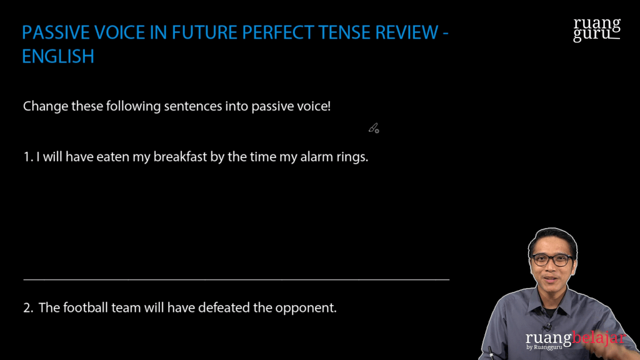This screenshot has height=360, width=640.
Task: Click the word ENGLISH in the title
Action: [58, 57]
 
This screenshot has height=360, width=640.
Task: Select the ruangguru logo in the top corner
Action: [597, 30]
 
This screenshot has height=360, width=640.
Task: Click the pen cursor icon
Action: [374, 128]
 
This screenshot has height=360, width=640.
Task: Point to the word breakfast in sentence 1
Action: [180, 157]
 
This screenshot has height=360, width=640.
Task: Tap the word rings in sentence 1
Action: [354, 157]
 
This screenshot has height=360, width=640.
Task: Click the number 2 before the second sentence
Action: [27, 308]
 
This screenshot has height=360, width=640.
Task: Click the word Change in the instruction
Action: [45, 106]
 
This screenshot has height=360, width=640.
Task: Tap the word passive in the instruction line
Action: [272, 106]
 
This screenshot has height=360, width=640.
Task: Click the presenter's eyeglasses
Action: [552, 259]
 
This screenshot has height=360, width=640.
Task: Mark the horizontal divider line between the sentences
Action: [236, 279]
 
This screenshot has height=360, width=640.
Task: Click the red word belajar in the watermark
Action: [598, 338]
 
